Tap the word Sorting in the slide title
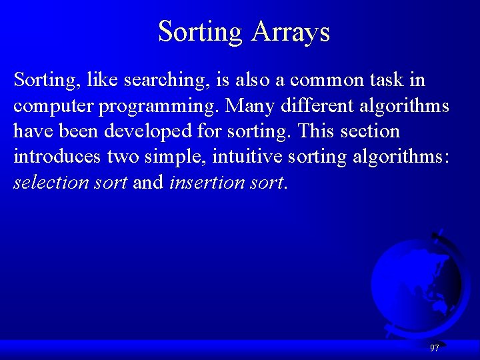coord(200,31)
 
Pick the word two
coord(119,157)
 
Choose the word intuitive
coord(241,157)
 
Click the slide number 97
coord(435,348)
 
